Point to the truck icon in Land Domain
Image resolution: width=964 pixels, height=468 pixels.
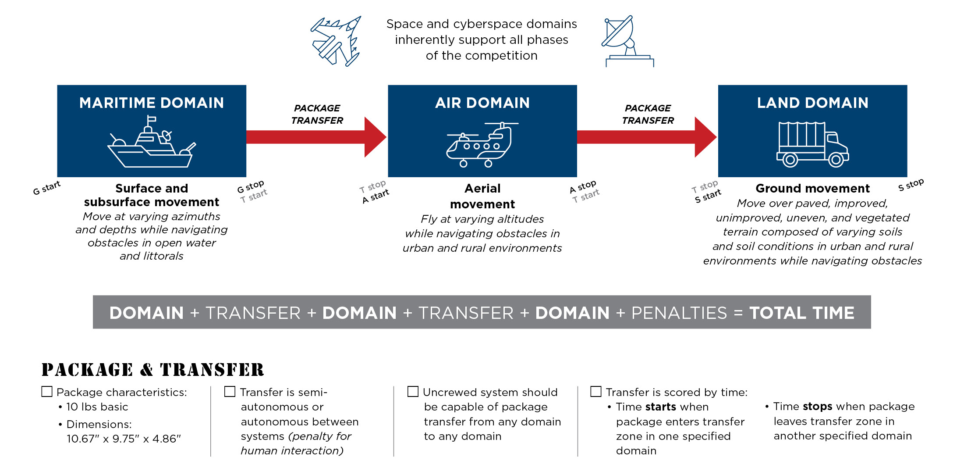coord(812,144)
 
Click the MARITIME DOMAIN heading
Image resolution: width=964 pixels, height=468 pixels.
coord(152,103)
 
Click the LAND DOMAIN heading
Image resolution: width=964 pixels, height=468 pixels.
coord(812,103)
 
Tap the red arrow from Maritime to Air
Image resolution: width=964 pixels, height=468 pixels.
coord(316,137)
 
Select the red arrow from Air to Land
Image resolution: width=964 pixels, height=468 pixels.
coord(646,137)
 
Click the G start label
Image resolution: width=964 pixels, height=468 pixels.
coord(46,188)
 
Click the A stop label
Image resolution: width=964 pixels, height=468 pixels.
coord(583,186)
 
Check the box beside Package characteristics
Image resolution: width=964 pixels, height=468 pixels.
coord(47,391)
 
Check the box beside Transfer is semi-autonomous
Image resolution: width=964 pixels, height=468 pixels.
coord(230,391)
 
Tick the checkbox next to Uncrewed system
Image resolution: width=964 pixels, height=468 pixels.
coord(413,391)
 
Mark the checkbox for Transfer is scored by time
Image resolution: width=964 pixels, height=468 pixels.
coord(596,391)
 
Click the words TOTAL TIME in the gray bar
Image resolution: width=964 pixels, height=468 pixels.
coord(801,313)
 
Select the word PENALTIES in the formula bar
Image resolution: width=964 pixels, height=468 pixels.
coord(679,313)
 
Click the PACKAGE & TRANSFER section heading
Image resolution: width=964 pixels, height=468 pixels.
coord(153,370)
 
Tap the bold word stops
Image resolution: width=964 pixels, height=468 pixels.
coord(817,407)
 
